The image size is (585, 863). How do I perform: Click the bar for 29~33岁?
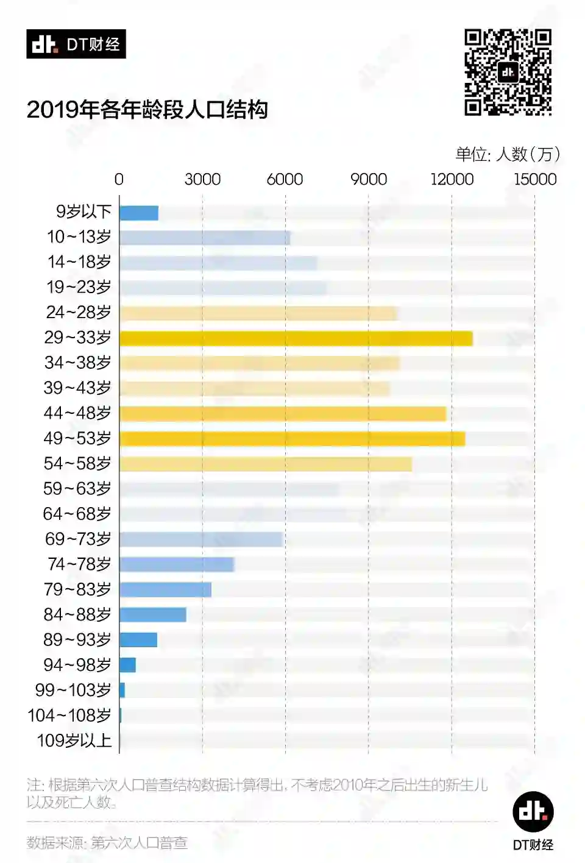coord(296,338)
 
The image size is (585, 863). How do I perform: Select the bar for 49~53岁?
coord(292,439)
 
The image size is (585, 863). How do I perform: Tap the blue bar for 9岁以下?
coord(139,213)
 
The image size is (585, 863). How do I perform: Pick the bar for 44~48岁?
coord(283,414)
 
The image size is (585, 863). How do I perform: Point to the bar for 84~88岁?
coord(153,615)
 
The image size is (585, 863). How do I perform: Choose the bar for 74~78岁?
coord(177,564)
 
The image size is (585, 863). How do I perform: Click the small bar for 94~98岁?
coord(128,665)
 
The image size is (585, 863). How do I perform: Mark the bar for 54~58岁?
coord(266,464)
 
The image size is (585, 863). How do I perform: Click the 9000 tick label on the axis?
coord(369,179)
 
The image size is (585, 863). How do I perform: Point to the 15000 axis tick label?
coord(535,179)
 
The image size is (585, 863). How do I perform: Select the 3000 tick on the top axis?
coord(202,179)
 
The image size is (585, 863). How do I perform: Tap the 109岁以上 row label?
coord(74,740)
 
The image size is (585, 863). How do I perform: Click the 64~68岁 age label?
coord(77,514)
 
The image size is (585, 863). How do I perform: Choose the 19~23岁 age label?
coord(79,287)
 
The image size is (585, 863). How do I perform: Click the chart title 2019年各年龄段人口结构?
coord(147,110)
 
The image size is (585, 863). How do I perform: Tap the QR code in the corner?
coord(508,73)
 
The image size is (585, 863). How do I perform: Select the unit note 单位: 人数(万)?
coord(508,154)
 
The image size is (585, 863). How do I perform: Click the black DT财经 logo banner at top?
coord(76,44)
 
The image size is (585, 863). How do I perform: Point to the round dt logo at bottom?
coord(533,811)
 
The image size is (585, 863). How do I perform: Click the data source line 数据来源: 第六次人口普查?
coord(107,843)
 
